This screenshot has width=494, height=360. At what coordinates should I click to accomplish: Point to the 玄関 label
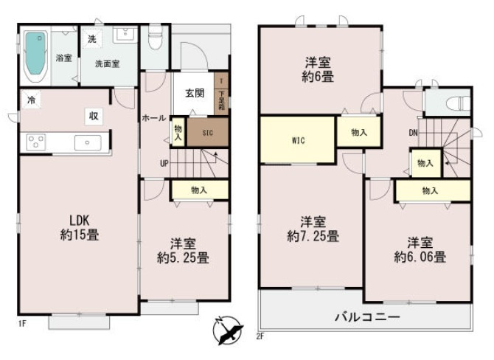[195, 93]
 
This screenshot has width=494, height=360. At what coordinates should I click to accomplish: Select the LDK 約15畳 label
[84, 228]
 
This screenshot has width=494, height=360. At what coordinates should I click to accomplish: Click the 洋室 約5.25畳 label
[183, 251]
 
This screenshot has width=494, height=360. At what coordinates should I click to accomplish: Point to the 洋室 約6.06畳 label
[419, 250]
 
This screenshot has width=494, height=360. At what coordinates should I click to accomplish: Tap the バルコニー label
[368, 317]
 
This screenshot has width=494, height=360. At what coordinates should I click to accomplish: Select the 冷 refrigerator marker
[31, 99]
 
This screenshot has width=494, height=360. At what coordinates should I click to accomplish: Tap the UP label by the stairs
[164, 162]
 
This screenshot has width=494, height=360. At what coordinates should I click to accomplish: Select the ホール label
[153, 118]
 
